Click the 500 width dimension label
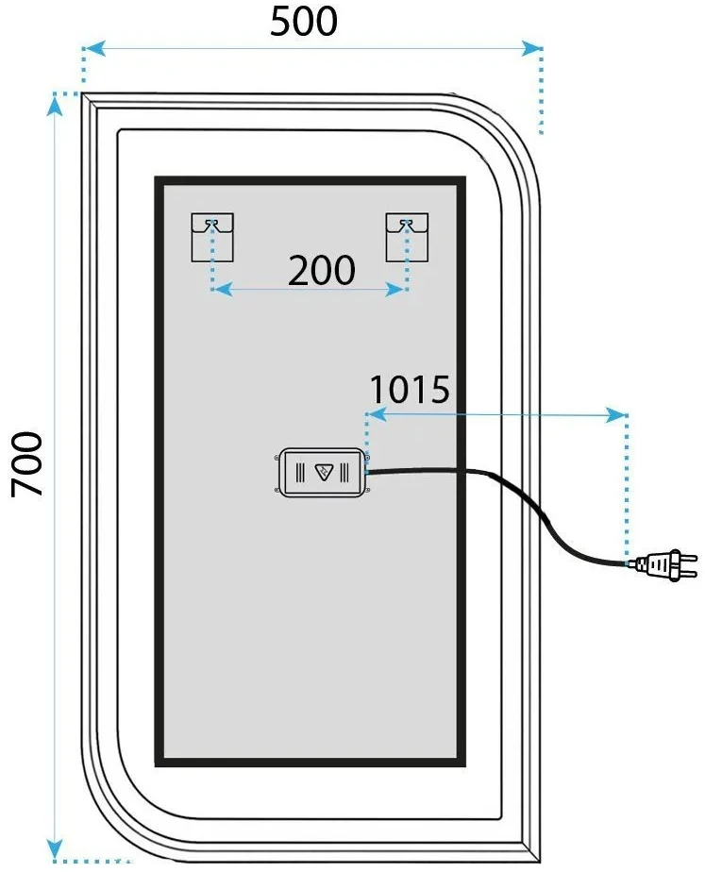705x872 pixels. pyautogui.click(x=304, y=22)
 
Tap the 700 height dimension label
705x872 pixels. pyautogui.click(x=26, y=463)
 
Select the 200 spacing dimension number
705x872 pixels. pyautogui.click(x=322, y=270)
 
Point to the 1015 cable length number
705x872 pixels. pyautogui.click(x=410, y=389)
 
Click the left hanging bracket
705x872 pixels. pyautogui.click(x=212, y=237)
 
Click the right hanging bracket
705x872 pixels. pyautogui.click(x=407, y=237)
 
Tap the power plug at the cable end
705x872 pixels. pyautogui.click(x=665, y=564)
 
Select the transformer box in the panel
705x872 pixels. pyautogui.click(x=323, y=472)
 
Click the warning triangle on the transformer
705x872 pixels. pyautogui.click(x=323, y=472)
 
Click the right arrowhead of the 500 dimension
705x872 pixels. pyautogui.click(x=530, y=48)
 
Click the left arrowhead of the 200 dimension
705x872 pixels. pyautogui.click(x=223, y=289)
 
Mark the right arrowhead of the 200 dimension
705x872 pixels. pyautogui.click(x=395, y=289)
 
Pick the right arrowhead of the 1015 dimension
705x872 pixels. pyautogui.click(x=615, y=415)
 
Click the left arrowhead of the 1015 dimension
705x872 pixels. pyautogui.click(x=378, y=415)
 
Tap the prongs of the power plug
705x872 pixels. pyautogui.click(x=689, y=564)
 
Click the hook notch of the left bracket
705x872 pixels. pyautogui.click(x=211, y=224)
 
